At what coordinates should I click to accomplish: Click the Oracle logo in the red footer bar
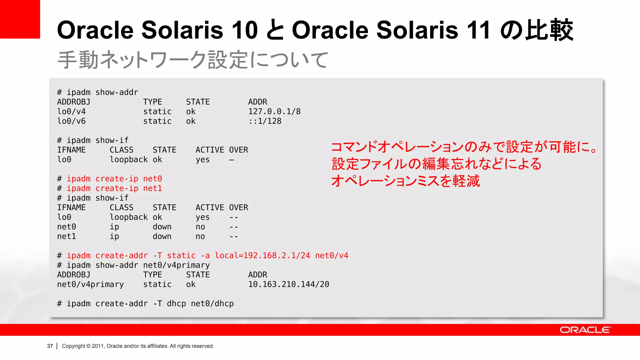click(585, 330)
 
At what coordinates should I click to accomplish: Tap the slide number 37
click(50, 346)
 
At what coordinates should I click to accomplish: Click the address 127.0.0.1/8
click(274, 112)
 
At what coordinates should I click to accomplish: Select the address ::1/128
click(265, 121)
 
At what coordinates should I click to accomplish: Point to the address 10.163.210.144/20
click(288, 284)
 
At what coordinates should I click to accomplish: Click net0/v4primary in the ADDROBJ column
click(90, 284)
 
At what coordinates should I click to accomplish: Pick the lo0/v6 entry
click(71, 121)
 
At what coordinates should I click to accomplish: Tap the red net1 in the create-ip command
click(152, 188)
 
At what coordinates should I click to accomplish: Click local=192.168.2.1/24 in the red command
click(262, 256)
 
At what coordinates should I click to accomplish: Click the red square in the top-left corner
click(20, 19)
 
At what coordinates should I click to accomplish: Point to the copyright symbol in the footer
click(88, 346)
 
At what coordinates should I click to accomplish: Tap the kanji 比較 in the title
click(549, 30)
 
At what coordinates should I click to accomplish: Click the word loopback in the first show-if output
click(128, 160)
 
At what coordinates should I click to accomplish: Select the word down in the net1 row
click(162, 237)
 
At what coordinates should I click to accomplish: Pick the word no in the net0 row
click(200, 227)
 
